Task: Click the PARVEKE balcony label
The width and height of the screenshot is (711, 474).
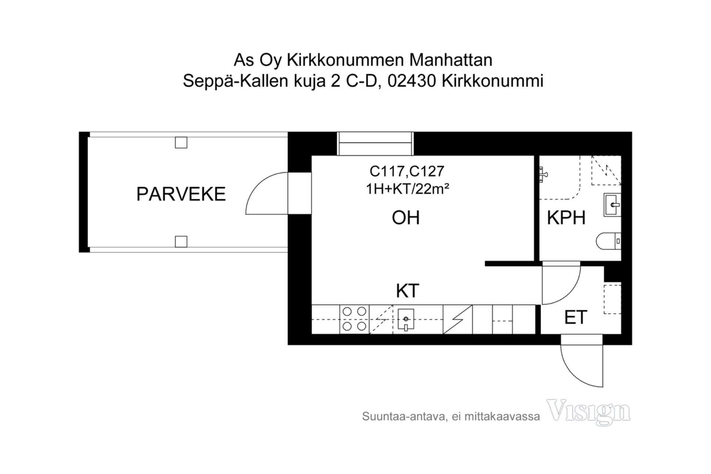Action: (x=181, y=194)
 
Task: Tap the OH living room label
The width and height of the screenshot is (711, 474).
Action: (x=405, y=218)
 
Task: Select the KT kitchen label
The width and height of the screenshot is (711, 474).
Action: (x=407, y=291)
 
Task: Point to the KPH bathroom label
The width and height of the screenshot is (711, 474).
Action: (x=566, y=218)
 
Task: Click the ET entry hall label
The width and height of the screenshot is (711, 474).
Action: (x=575, y=317)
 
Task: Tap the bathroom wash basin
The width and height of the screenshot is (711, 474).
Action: (x=612, y=204)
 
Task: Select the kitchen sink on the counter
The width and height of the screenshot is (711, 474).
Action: (x=406, y=319)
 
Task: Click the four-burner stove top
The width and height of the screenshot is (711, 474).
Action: (x=354, y=319)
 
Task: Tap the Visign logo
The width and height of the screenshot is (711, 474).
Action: (x=588, y=411)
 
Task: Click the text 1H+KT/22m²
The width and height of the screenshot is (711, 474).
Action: (x=407, y=189)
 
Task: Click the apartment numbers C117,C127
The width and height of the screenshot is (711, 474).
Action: (x=407, y=171)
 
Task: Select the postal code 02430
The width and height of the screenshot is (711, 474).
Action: (x=411, y=81)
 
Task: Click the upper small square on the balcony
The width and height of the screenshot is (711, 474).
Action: (x=181, y=143)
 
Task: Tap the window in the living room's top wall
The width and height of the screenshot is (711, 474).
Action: (x=375, y=144)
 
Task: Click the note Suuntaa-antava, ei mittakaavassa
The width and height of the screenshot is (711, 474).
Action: (x=451, y=417)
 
